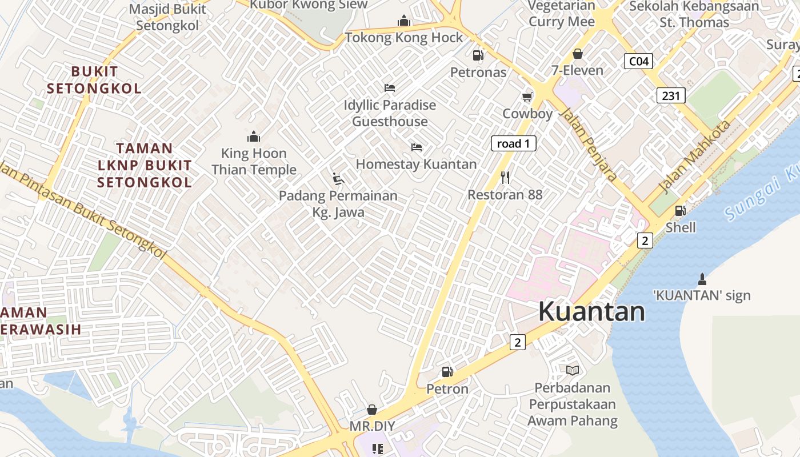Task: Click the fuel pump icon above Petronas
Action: (478, 55)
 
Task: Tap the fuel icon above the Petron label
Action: (447, 372)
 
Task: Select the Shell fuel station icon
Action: (680, 211)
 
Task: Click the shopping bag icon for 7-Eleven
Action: (577, 54)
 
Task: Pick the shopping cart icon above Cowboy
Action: (527, 97)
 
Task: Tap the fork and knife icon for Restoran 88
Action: (505, 178)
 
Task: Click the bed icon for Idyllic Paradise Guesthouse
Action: (390, 88)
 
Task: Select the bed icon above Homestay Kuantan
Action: (417, 147)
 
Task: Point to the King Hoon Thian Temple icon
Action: (254, 137)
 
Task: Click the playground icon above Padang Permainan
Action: (338, 179)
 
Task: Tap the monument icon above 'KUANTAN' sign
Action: (702, 279)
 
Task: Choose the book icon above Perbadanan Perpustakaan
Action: (573, 371)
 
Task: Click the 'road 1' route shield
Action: (513, 143)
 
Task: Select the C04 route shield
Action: (638, 61)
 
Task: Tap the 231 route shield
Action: (670, 95)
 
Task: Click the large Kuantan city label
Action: (591, 312)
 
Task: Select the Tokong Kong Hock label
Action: (404, 38)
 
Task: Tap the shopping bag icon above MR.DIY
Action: (372, 410)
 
